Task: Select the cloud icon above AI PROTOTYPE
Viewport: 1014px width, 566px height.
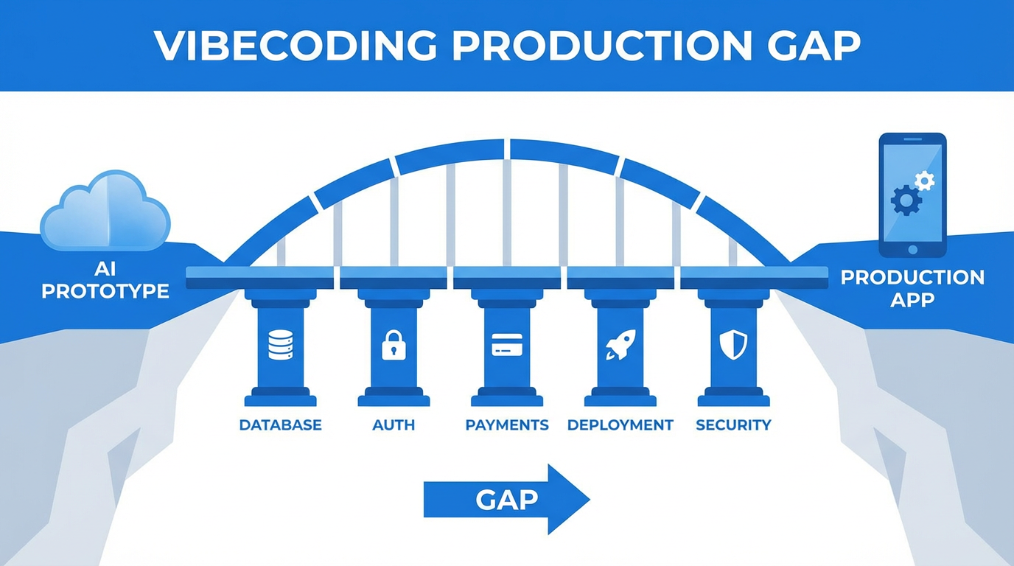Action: pos(105,211)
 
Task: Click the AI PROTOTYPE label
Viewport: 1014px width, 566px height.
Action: pos(105,281)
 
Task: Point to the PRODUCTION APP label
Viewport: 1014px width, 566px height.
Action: pos(912,288)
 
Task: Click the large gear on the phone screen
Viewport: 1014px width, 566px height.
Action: pos(906,199)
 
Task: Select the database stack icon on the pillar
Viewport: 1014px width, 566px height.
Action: pos(281,344)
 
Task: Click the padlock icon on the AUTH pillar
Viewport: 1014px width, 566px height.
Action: pos(394,344)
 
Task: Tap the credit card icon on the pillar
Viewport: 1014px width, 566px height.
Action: pos(507,343)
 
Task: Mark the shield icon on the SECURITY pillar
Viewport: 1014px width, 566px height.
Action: pos(733,344)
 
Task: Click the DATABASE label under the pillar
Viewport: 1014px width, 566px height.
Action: pos(281,425)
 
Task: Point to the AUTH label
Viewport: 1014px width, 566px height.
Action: pos(394,425)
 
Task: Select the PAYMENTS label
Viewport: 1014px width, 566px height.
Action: pos(507,425)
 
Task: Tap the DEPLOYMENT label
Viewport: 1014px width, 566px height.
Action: pos(620,425)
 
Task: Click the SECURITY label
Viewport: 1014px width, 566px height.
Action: pos(733,425)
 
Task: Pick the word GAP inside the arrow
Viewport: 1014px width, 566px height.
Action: pos(507,500)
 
